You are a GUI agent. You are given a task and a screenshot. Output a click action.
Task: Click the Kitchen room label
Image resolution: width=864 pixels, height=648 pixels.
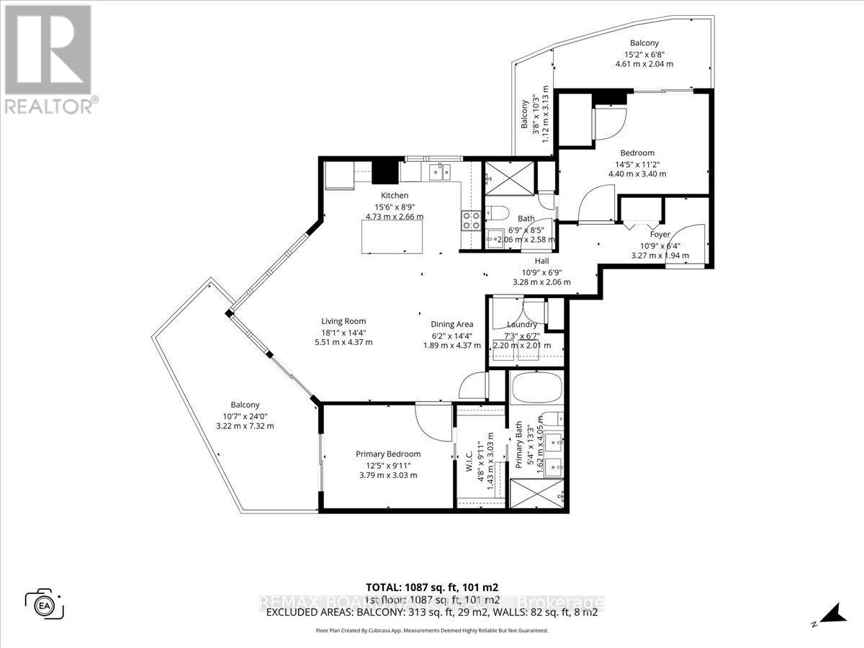coord(395,195)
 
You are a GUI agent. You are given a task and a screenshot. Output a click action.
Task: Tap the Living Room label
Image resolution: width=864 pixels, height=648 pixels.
coord(343,321)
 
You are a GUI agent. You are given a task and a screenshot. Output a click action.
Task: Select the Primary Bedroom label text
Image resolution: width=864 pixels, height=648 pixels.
coord(388,454)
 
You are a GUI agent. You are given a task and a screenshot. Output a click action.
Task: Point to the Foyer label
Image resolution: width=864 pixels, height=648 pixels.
coord(660,234)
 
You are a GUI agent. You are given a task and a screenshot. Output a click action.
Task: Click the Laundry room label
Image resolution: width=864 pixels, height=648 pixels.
coord(522,325)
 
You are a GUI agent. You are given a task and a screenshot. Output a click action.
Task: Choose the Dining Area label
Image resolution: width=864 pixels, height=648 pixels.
coord(451,324)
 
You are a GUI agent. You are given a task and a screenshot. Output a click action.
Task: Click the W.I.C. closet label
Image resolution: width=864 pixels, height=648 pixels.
coord(469,461)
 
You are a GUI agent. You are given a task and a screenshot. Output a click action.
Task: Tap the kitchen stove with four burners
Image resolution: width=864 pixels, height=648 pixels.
coord(470,220)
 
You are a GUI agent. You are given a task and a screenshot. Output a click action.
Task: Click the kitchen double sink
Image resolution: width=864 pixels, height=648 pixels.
coord(438,171)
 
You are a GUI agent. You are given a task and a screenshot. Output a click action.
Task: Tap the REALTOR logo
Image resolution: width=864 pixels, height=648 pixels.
coord(48,58)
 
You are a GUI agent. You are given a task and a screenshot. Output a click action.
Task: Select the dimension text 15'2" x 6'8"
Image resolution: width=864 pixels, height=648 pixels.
coord(644,53)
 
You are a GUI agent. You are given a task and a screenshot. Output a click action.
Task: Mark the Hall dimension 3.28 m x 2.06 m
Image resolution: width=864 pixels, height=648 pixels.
coord(541,282)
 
